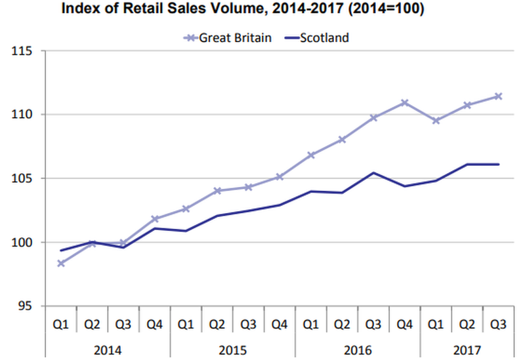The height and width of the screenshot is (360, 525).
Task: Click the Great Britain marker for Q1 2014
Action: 61,264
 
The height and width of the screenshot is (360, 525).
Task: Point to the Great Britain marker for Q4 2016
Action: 404,103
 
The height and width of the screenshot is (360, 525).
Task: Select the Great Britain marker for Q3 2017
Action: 498,96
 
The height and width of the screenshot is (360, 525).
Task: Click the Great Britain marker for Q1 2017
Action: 436,121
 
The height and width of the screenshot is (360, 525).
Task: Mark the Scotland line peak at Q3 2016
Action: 373,173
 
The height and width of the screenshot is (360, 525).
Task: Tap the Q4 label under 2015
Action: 280,323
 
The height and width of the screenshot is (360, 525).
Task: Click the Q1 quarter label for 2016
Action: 311,323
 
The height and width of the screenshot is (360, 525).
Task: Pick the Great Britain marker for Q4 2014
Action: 155,219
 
